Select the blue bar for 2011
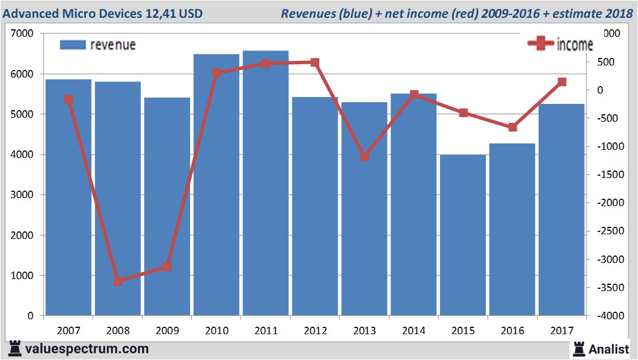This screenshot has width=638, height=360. (265, 184)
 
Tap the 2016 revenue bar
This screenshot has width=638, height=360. (512, 230)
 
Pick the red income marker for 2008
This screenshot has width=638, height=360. (118, 281)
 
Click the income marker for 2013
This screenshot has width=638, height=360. (365, 156)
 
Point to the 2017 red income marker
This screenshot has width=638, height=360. (562, 82)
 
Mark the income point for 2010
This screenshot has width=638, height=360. (216, 73)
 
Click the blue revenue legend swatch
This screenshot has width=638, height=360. (72, 45)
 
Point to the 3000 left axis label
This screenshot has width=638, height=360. (24, 195)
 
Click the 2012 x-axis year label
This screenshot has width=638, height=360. (315, 331)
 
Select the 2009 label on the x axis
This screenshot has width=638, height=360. (167, 331)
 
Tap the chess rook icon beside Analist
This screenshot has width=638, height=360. (579, 348)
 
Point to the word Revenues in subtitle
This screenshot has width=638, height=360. (304, 13)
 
